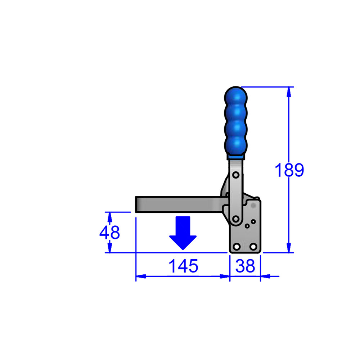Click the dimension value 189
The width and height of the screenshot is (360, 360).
(x=289, y=170)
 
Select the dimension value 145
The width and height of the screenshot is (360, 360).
(x=183, y=266)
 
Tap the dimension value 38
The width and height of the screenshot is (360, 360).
(x=245, y=266)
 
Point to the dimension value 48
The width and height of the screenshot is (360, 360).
(x=109, y=232)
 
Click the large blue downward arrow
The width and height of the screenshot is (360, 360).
(x=183, y=233)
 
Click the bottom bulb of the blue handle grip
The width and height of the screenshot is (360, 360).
(x=236, y=145)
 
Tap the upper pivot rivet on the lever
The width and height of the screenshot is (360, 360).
(x=236, y=175)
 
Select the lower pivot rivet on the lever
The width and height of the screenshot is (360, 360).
(x=236, y=219)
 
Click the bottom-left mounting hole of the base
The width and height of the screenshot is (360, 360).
(x=237, y=247)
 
